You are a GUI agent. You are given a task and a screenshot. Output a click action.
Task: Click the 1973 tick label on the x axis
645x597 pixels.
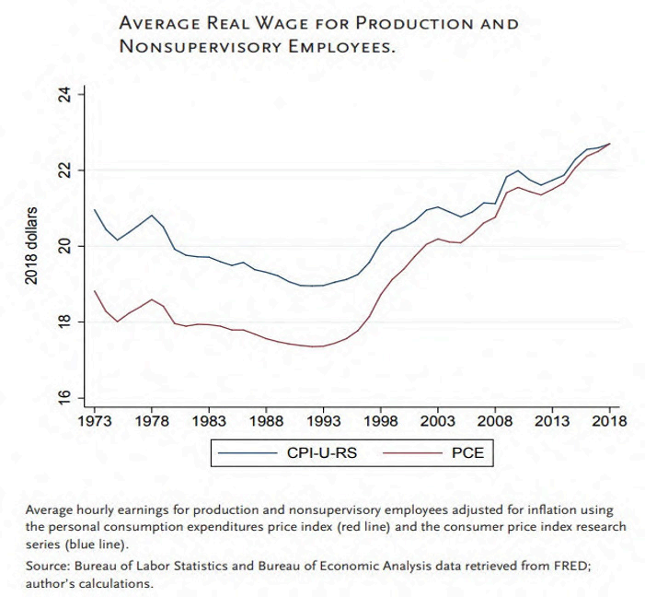point(96,421)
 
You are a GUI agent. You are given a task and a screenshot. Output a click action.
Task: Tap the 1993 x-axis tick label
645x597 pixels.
point(323,421)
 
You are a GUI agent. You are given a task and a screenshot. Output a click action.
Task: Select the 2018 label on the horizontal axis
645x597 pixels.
point(607,421)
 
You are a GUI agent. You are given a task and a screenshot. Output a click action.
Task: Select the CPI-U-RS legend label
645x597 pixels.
point(324,453)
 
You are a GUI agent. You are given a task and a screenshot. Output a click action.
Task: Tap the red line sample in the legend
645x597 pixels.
point(407,453)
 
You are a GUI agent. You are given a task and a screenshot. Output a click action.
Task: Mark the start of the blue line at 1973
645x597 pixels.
point(95,210)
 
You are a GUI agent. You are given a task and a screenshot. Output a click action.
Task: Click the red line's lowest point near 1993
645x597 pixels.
point(317,346)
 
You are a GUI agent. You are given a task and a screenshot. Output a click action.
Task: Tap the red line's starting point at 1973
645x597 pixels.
point(95,291)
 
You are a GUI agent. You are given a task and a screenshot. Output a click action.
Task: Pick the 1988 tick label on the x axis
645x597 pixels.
point(266,421)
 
